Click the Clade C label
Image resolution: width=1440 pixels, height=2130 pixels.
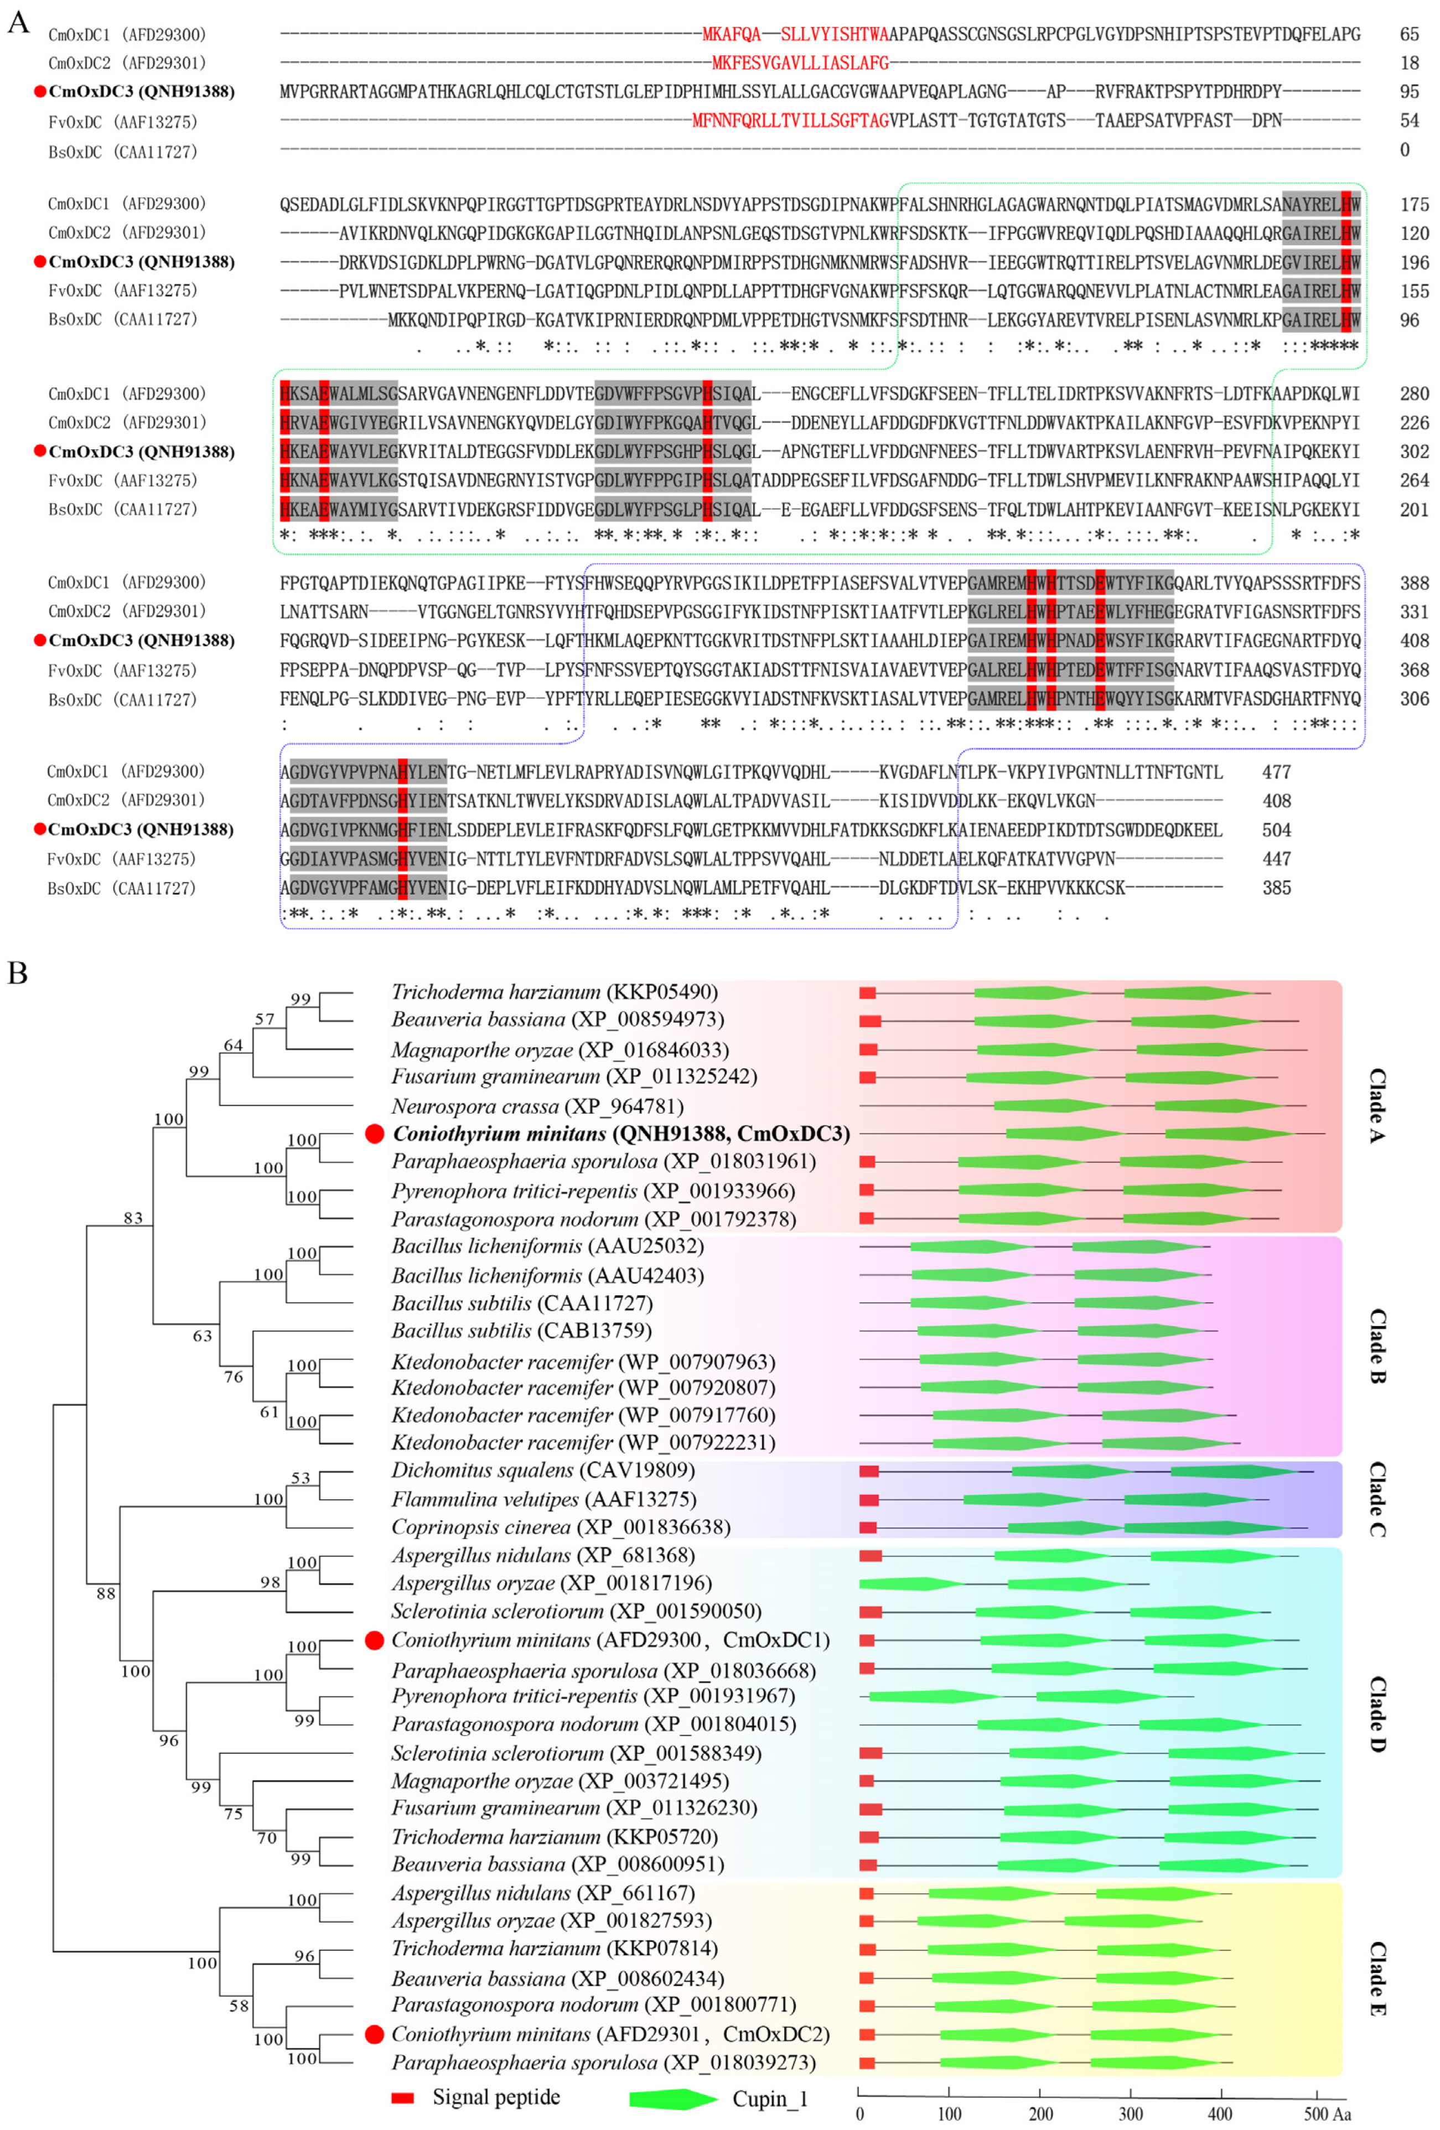pos(1377,1499)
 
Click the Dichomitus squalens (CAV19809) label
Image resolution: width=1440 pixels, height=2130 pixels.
pos(543,1470)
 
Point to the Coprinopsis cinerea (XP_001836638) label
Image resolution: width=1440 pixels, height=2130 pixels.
pos(560,1527)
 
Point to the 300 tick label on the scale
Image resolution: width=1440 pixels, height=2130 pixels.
pos(1130,2113)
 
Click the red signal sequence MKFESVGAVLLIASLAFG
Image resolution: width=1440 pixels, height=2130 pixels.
pos(800,63)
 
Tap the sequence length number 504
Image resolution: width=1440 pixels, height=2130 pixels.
pos(1276,829)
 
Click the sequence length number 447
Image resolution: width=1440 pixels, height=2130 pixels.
pos(1276,859)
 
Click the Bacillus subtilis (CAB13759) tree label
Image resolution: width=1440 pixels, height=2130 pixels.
pos(521,1330)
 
